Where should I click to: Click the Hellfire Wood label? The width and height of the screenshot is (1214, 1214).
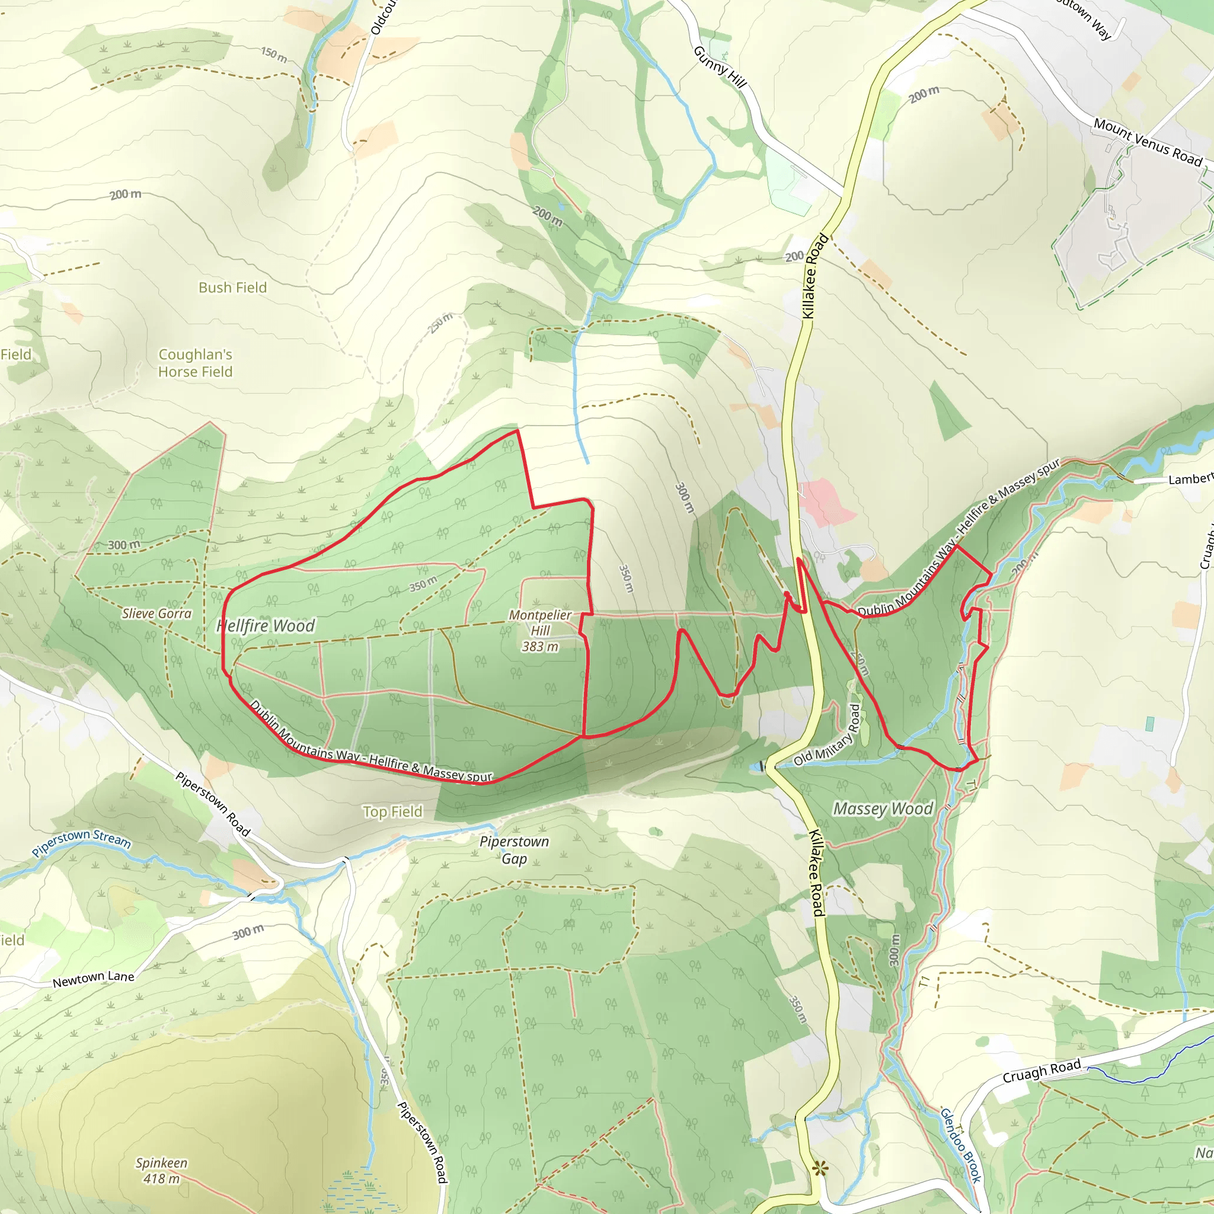click(x=265, y=626)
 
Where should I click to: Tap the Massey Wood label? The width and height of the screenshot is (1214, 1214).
click(x=883, y=809)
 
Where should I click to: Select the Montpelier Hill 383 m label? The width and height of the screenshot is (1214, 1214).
click(x=540, y=630)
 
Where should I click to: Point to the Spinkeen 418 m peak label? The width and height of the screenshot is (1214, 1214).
click(x=161, y=1171)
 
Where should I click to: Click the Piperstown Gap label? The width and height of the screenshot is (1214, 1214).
click(x=514, y=850)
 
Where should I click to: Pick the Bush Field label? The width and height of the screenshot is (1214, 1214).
click(x=232, y=287)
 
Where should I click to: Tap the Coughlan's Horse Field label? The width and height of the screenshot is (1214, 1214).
click(x=196, y=363)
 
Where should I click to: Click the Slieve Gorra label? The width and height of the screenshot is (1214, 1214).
click(x=156, y=614)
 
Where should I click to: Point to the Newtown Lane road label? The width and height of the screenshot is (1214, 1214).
click(x=94, y=978)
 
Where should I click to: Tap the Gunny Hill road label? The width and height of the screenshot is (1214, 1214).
click(x=720, y=66)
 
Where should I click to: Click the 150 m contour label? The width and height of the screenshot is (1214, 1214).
click(x=274, y=55)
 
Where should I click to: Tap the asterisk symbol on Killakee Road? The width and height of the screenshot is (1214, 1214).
click(x=820, y=1169)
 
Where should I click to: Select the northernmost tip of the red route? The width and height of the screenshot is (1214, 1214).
click(x=517, y=430)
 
